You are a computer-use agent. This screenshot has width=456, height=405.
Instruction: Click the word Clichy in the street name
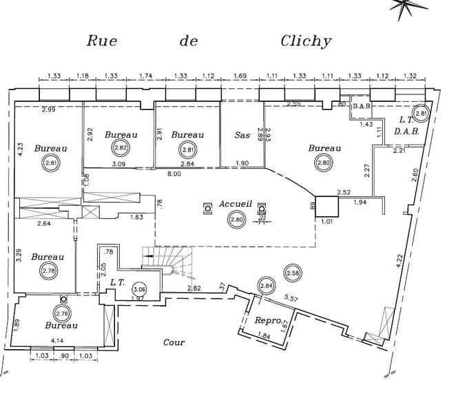click(x=306, y=41)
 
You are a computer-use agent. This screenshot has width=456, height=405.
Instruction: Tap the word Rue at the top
click(x=101, y=41)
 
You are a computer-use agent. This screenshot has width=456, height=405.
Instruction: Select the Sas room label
click(x=242, y=135)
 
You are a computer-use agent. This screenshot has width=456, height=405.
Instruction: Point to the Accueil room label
click(x=236, y=205)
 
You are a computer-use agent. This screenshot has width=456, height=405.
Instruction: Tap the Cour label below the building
click(x=174, y=342)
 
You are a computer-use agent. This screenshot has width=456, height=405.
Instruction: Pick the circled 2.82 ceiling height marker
click(x=121, y=147)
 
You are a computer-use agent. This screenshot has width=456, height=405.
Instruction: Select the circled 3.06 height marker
click(x=139, y=289)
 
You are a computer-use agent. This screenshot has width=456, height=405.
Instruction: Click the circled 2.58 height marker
click(x=293, y=273)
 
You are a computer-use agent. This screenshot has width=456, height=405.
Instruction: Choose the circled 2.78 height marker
click(x=49, y=271)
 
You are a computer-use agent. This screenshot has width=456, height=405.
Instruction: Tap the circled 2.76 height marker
click(x=62, y=314)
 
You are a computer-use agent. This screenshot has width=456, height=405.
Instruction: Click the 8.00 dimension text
click(x=174, y=174)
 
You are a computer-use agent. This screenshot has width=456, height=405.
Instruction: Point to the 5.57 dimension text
click(x=291, y=299)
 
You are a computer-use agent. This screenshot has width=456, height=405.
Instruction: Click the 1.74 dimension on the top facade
click(x=145, y=76)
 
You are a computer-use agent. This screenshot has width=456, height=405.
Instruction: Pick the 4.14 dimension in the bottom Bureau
click(x=58, y=340)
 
